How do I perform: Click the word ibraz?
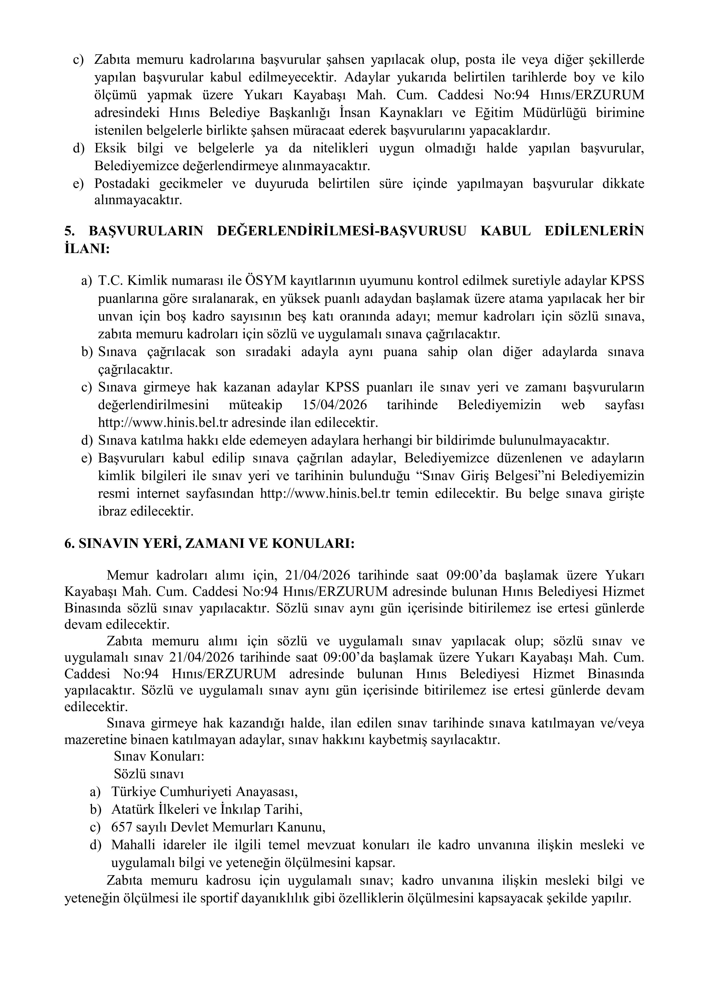point(112,511)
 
